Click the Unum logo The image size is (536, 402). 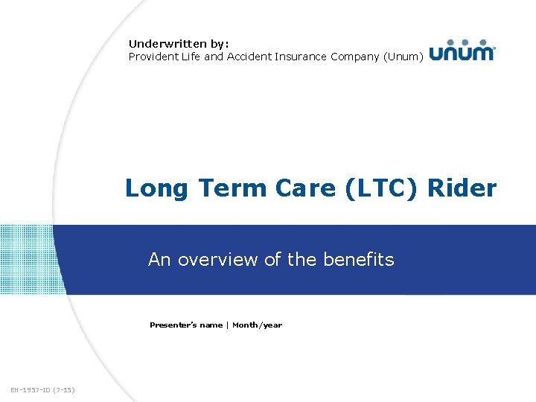click(x=462, y=50)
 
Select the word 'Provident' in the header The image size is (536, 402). click(x=153, y=57)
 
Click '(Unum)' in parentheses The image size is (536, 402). click(x=404, y=57)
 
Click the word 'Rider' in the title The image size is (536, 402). click(x=462, y=188)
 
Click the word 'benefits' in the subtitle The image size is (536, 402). click(x=359, y=259)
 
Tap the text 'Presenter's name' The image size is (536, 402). click(x=185, y=325)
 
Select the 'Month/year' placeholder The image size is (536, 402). click(x=257, y=325)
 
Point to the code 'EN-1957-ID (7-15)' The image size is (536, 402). click(x=43, y=389)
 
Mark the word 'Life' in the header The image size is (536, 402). click(x=191, y=57)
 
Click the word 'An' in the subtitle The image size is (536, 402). click(x=159, y=259)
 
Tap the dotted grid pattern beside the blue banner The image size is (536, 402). click(x=27, y=259)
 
